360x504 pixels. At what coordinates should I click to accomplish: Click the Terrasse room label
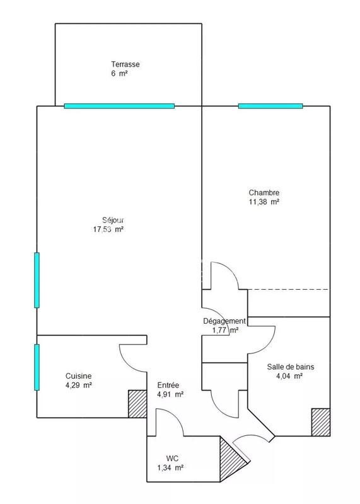[x=125, y=64]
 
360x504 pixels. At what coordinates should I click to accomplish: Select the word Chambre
[x=264, y=193]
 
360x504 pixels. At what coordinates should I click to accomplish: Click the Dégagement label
[x=224, y=321]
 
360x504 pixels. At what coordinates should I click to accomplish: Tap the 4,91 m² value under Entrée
[x=170, y=395]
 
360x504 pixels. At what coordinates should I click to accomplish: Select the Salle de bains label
[x=290, y=367]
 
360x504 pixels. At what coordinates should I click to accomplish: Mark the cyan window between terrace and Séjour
[x=119, y=106]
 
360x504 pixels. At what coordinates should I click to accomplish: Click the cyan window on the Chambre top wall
[x=270, y=106]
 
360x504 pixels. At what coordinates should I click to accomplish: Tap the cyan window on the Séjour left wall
[x=37, y=280]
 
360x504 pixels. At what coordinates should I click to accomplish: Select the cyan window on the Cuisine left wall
[x=37, y=367]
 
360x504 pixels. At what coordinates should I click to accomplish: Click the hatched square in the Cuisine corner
[x=137, y=404]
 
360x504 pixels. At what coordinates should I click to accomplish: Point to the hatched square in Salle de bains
[x=321, y=422]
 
